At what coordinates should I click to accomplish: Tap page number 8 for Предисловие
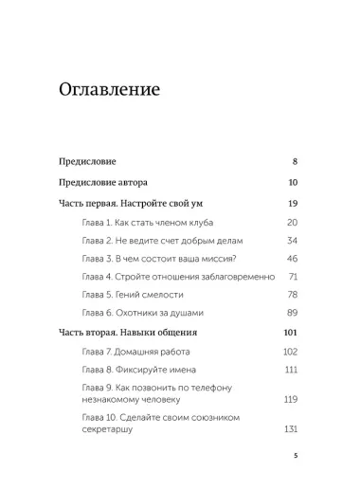pyautogui.click(x=296, y=163)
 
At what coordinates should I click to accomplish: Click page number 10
pyautogui.click(x=294, y=183)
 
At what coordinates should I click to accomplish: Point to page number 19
pyautogui.click(x=294, y=204)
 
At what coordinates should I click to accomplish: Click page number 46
pyautogui.click(x=293, y=258)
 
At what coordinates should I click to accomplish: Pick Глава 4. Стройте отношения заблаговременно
pyautogui.click(x=178, y=276)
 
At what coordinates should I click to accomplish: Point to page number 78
pyautogui.click(x=293, y=294)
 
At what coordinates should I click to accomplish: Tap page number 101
pyautogui.click(x=292, y=333)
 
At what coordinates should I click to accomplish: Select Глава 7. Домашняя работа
pyautogui.click(x=143, y=352)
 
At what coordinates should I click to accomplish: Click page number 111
pyautogui.click(x=292, y=370)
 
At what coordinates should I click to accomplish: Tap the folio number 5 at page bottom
pyautogui.click(x=296, y=456)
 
